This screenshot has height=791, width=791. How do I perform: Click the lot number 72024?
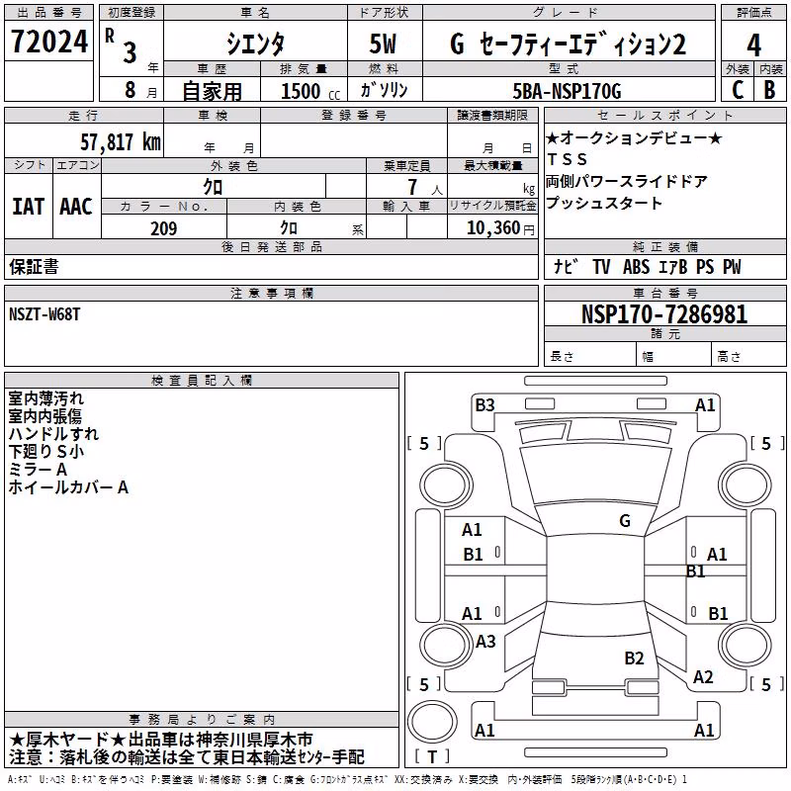click(49, 42)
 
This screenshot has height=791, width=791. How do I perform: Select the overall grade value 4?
click(753, 44)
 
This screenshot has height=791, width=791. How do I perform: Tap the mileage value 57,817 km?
click(121, 142)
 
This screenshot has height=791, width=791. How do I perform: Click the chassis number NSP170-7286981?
click(664, 314)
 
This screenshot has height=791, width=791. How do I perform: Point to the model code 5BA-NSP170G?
click(567, 91)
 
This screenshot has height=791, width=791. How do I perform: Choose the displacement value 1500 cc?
click(310, 91)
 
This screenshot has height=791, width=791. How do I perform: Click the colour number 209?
click(163, 228)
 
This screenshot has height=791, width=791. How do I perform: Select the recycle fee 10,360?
click(493, 228)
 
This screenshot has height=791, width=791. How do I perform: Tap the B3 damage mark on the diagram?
click(484, 404)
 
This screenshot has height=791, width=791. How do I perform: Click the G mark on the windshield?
click(625, 520)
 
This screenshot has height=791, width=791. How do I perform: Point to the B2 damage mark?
click(634, 658)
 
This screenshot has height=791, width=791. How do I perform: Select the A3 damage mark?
click(485, 641)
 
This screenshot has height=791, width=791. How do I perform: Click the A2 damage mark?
click(703, 676)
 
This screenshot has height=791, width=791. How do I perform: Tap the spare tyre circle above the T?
click(432, 721)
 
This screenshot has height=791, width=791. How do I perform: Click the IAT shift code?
click(29, 207)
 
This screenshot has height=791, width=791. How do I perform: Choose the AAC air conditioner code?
click(76, 207)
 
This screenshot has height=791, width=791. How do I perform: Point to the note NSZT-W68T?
click(44, 314)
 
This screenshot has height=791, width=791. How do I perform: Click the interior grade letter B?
click(769, 90)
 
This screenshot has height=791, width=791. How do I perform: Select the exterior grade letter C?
click(738, 90)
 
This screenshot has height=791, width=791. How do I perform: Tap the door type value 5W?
click(383, 44)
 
